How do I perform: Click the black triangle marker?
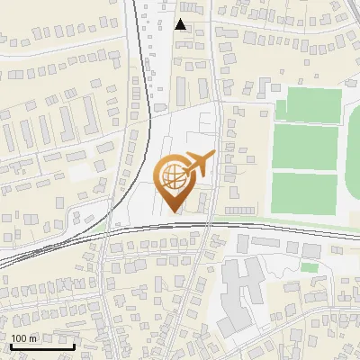181,24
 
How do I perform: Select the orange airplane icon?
200,165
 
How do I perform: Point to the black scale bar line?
42,346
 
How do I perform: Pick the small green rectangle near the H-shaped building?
310,267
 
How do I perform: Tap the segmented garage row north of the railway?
239,210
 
